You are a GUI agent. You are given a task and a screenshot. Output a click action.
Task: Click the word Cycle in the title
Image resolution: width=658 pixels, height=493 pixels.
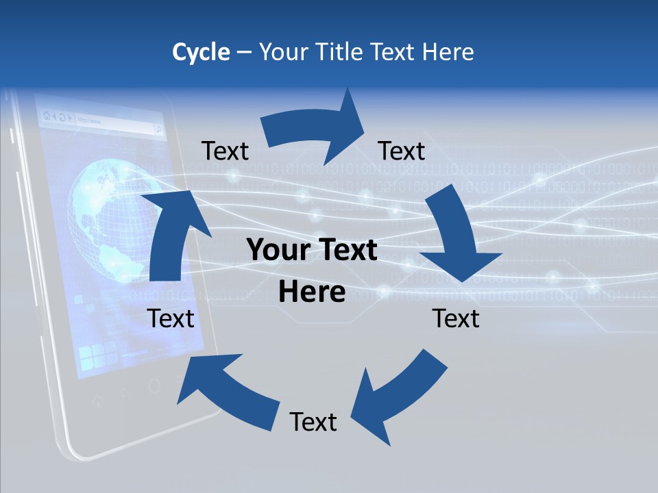coord(201,52)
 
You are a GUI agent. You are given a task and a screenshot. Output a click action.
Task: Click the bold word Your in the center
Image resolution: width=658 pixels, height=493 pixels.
coord(278,251)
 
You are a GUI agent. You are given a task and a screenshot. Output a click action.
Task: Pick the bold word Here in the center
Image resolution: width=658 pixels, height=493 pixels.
coord(312,292)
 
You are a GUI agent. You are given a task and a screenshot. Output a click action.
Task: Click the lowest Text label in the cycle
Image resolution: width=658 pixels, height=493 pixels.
coord(313,422)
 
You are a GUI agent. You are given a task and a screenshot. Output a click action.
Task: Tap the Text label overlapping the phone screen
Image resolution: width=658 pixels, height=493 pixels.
coord(171,318)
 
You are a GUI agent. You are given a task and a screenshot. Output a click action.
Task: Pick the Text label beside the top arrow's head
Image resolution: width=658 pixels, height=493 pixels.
coord(402,151)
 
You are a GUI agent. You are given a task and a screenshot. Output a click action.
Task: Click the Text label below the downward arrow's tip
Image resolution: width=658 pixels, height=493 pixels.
coord(456,318)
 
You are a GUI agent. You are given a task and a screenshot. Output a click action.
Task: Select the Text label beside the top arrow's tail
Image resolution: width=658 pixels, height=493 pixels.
coord(225,151)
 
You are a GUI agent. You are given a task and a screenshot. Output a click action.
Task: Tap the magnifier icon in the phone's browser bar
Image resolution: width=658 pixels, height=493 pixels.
coord(158,127)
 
